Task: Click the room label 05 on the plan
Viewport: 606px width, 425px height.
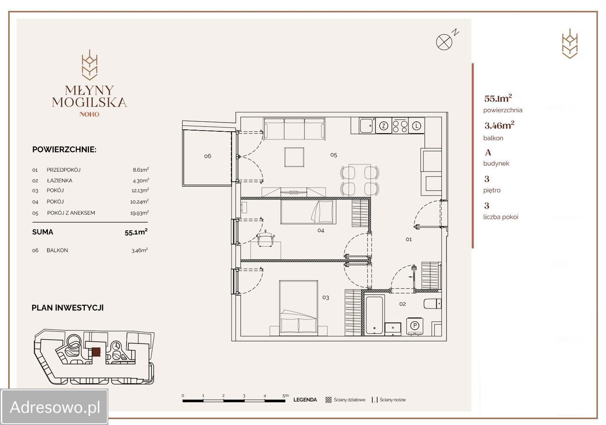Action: pos(334,155)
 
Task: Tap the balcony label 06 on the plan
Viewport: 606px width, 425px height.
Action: pos(207,156)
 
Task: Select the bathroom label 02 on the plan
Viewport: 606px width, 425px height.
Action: pos(402,304)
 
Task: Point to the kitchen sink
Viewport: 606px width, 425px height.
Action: pos(367,126)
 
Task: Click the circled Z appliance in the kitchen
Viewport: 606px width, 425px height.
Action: pos(383,126)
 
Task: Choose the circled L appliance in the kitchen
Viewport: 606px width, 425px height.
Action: pos(417,126)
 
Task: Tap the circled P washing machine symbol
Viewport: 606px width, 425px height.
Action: pos(415,326)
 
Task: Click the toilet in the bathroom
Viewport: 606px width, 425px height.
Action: pos(432,303)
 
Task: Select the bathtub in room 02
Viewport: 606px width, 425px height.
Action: pos(374,315)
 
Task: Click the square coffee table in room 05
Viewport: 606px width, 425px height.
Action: pos(294,157)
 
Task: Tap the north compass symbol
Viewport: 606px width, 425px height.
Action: pos(444,42)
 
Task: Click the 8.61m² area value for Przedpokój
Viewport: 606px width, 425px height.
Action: pos(141,170)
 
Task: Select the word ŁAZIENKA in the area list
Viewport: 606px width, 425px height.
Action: pos(60,181)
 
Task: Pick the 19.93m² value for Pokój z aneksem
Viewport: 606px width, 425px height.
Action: pos(139,213)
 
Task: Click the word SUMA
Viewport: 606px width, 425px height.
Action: pos(43,232)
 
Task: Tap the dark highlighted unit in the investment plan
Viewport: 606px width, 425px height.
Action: pos(96,352)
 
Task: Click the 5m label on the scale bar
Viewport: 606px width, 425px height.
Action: pos(285,396)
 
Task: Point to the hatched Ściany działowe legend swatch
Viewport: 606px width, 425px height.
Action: pos(329,400)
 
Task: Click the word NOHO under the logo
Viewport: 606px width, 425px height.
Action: pos(89,114)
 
